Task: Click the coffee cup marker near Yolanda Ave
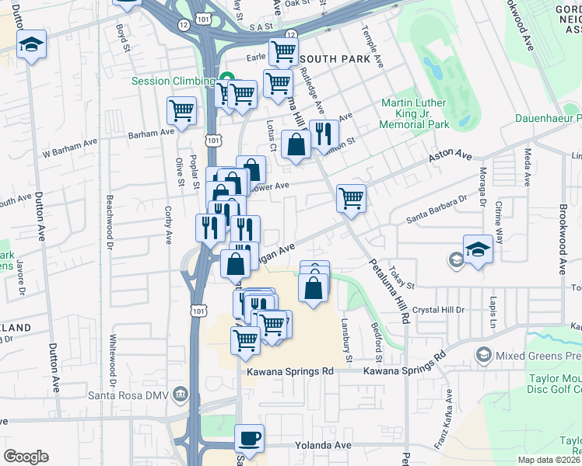click(249, 438)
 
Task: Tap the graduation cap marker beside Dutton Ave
click(32, 44)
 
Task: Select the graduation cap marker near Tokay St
click(477, 249)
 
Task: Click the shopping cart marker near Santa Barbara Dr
click(351, 198)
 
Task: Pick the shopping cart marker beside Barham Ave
click(181, 110)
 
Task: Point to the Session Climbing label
click(173, 81)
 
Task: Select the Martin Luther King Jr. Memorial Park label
click(415, 113)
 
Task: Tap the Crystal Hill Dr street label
click(439, 309)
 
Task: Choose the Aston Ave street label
click(451, 159)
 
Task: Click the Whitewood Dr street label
click(114, 361)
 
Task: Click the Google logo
click(26, 456)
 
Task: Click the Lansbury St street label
click(349, 335)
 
